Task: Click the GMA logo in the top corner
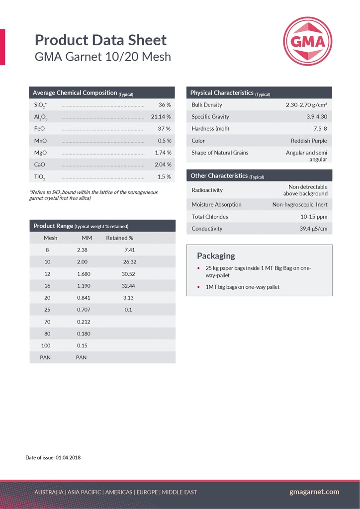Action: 307,41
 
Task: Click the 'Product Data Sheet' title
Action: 100,40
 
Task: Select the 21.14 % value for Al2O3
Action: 161,117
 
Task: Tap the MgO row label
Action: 40,153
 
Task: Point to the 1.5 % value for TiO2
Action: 164,177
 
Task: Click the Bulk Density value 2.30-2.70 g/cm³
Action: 306,105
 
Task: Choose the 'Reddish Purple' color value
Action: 309,141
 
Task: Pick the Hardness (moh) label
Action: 210,129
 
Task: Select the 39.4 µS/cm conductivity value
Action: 313,229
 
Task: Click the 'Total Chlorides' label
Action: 210,217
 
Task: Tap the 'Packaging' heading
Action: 216,256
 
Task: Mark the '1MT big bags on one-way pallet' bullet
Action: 242,287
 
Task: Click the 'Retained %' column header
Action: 119,238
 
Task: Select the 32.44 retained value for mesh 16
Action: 128,286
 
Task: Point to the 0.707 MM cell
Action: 84,310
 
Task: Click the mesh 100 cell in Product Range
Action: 47,345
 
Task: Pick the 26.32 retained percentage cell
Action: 130,261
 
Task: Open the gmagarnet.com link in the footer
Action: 314,492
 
